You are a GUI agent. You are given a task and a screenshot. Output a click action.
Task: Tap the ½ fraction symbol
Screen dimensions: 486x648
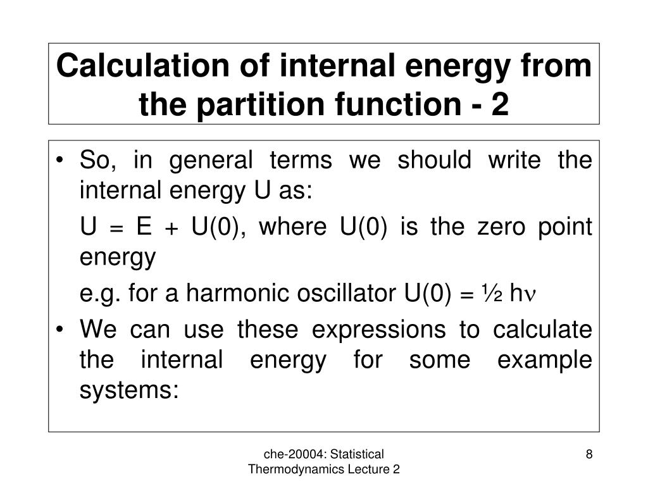pyautogui.click(x=493, y=292)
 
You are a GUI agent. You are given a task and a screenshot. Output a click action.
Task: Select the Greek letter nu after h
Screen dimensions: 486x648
pyautogui.click(x=531, y=295)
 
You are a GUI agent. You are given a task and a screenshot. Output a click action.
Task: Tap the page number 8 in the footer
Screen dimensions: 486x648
pyautogui.click(x=589, y=454)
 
